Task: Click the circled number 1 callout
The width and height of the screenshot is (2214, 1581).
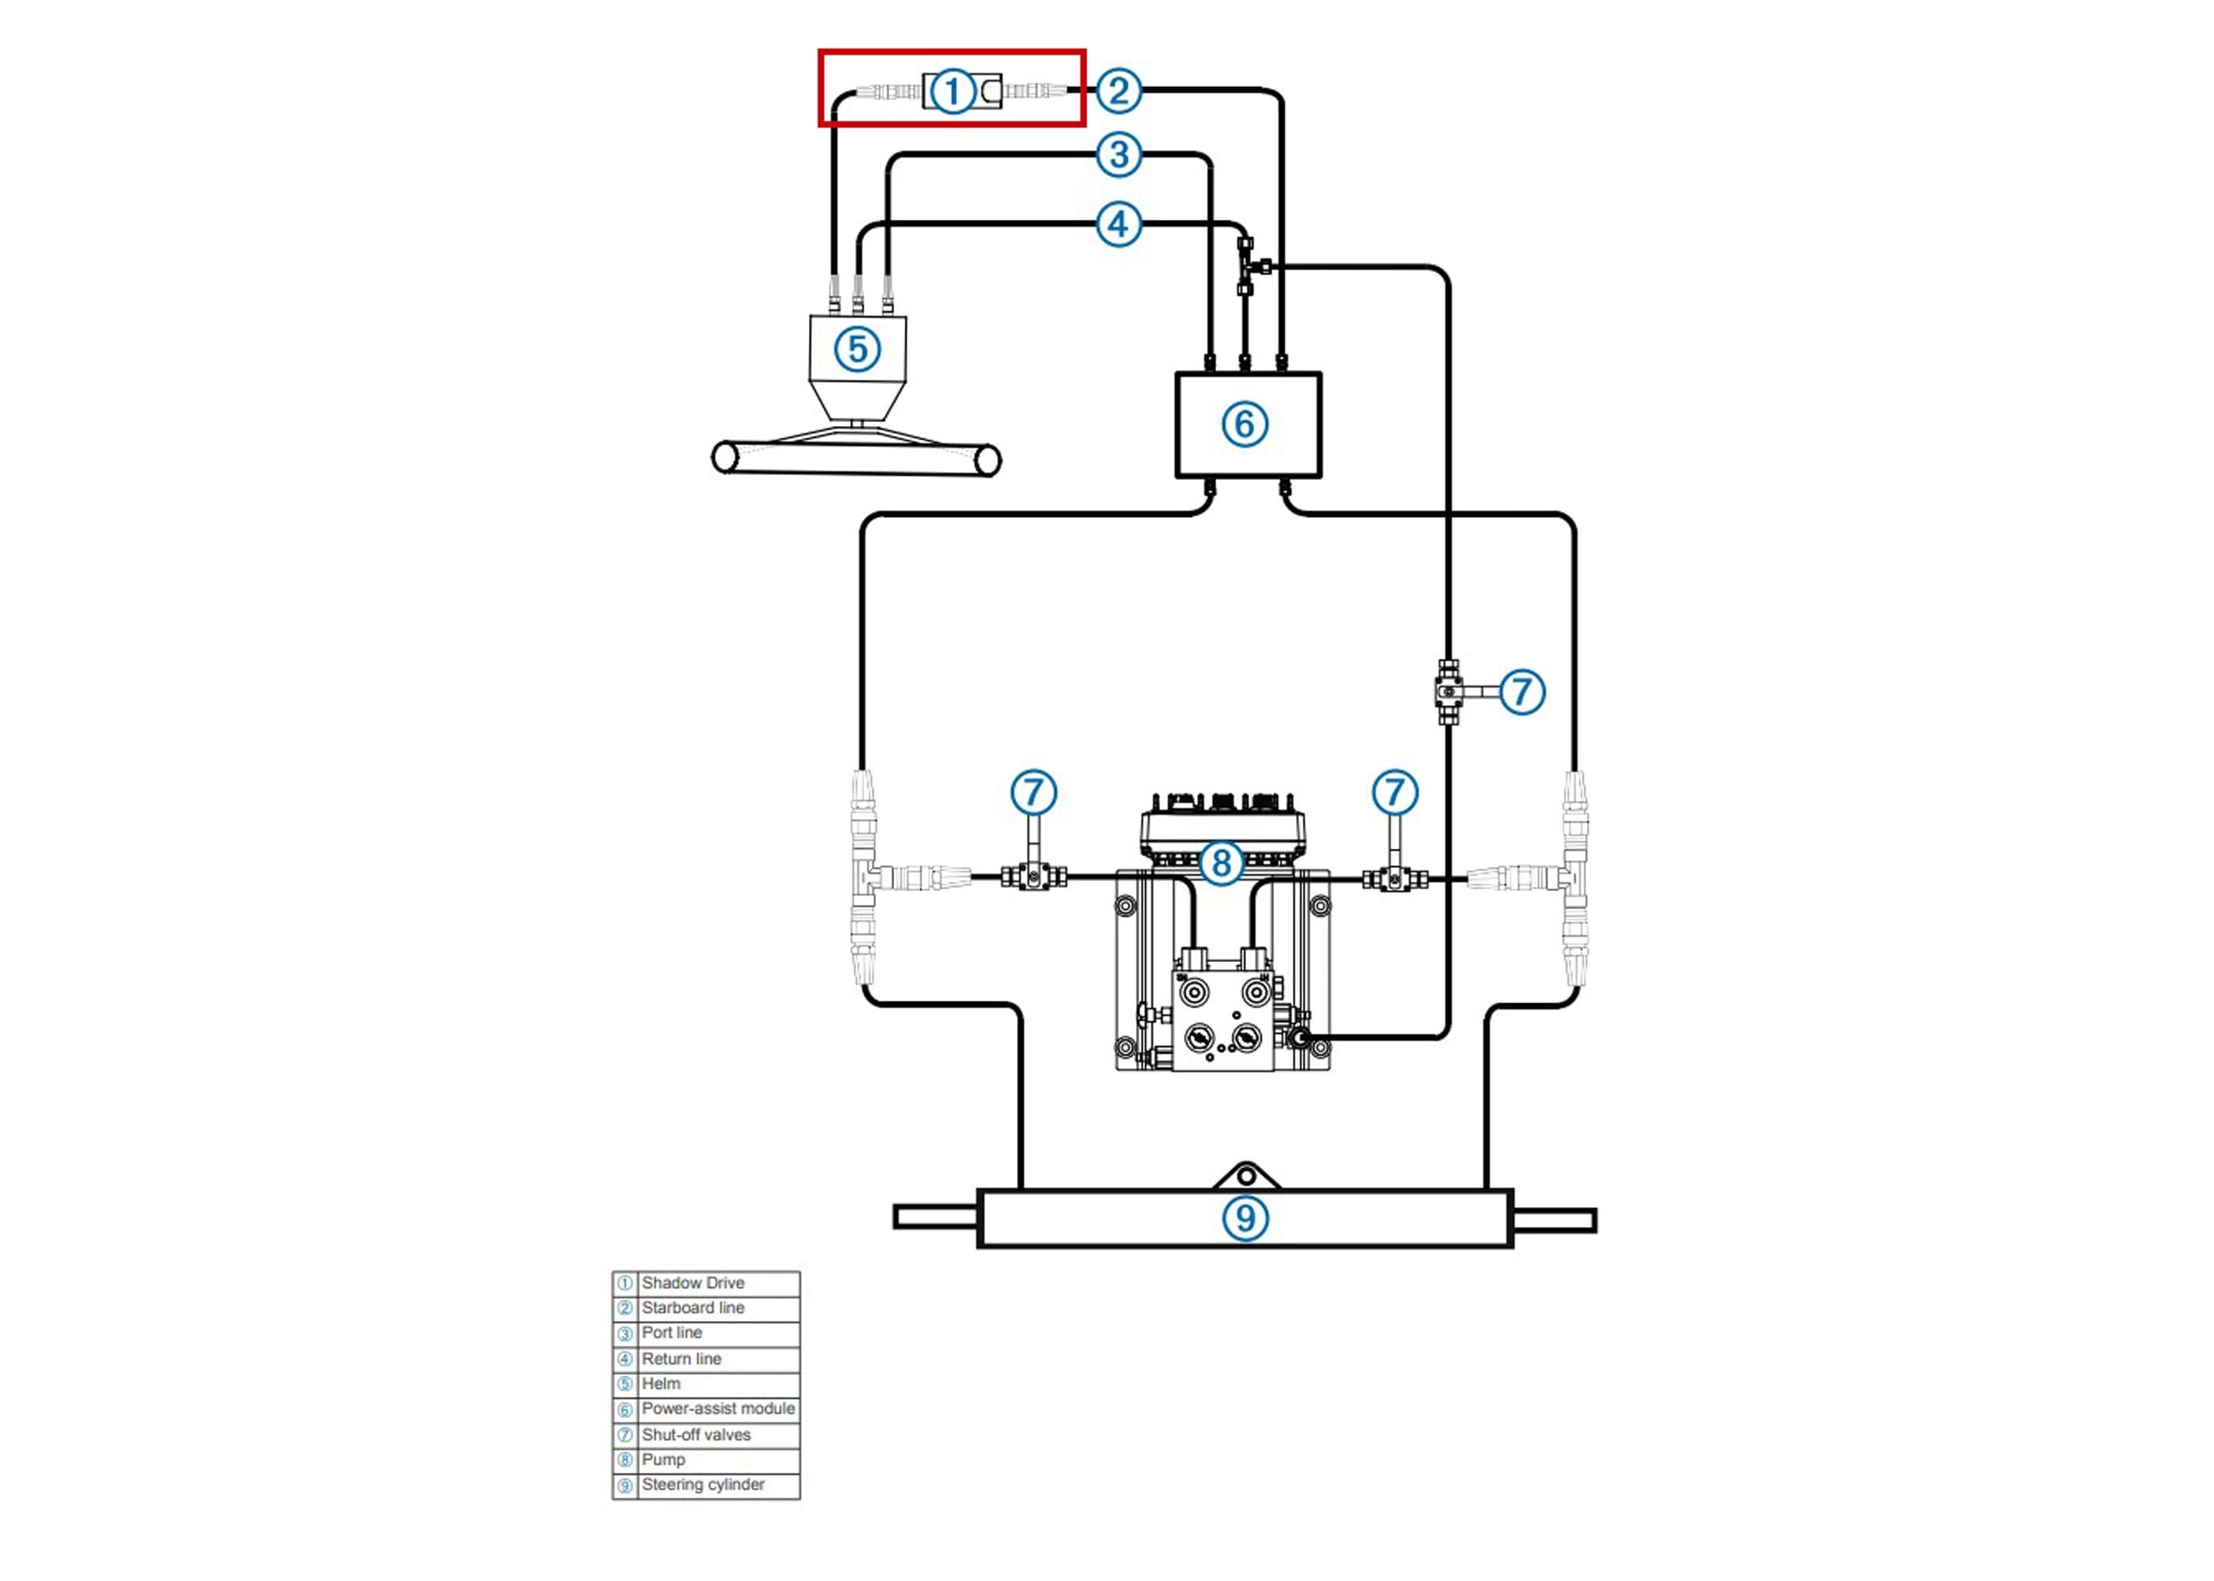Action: tap(952, 92)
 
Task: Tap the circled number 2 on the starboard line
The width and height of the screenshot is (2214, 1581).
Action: tap(1119, 91)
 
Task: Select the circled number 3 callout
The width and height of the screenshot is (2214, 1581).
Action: tap(1119, 155)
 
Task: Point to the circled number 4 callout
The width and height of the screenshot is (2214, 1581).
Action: tap(1119, 225)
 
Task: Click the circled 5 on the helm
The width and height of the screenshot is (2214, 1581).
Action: tap(858, 349)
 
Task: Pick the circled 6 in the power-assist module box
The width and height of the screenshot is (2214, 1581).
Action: tap(1245, 424)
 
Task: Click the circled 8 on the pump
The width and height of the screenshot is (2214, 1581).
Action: tap(1221, 863)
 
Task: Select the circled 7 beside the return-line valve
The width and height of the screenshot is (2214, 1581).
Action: tap(1522, 692)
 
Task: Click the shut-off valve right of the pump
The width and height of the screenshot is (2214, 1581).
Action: tap(1394, 879)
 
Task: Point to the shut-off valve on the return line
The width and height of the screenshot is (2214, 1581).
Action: tap(1449, 691)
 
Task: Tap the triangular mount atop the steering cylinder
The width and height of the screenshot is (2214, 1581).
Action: tap(1245, 1176)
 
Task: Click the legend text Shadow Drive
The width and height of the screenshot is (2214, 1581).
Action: tap(692, 1283)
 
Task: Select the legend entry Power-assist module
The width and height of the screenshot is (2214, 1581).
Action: tap(717, 1409)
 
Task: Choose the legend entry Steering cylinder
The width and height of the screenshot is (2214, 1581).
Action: tap(703, 1485)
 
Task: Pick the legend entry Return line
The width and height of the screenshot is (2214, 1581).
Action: tap(682, 1359)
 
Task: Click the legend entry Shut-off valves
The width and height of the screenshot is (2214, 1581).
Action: tap(696, 1435)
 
